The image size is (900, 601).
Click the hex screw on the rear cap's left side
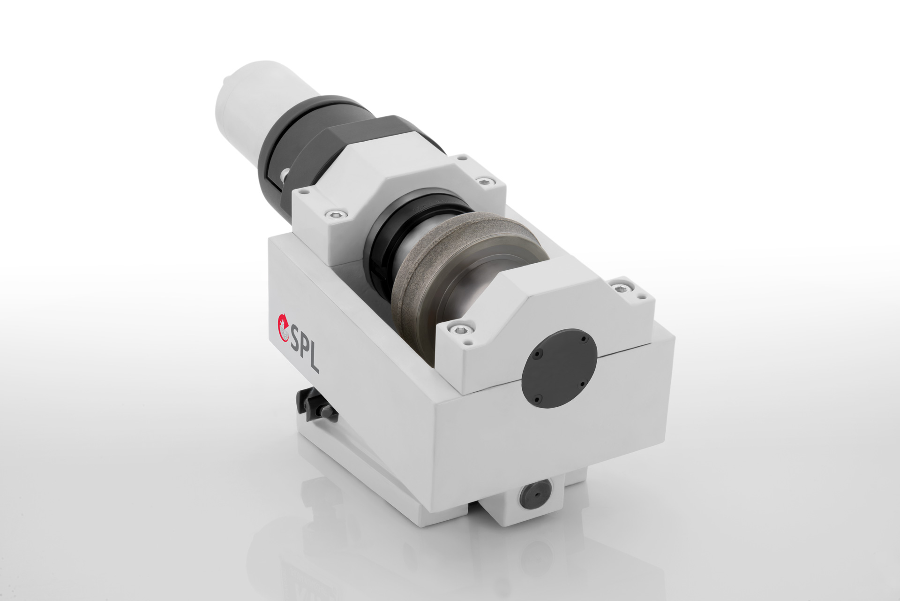click(335, 214)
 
